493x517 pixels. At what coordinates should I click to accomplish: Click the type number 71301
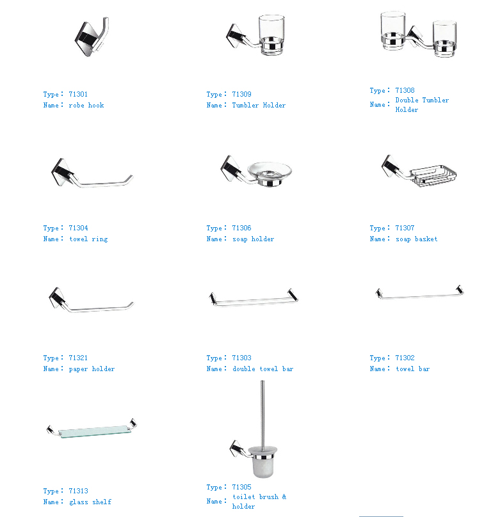click(78, 94)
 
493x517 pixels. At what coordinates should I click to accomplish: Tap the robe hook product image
click(92, 36)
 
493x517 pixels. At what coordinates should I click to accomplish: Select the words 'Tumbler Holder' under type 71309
click(259, 105)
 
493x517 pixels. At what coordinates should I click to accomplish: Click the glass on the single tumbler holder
click(271, 35)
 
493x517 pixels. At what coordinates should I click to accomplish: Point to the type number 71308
click(405, 90)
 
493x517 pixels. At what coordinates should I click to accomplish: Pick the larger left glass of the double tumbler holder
click(392, 30)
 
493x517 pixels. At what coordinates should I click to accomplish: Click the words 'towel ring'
click(88, 239)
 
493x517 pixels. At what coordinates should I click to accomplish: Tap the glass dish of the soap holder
click(270, 170)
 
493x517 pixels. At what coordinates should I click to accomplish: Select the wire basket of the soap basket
click(433, 175)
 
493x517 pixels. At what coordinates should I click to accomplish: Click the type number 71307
click(405, 228)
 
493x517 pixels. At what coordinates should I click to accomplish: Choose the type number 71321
click(78, 358)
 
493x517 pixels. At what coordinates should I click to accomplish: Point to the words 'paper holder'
click(92, 369)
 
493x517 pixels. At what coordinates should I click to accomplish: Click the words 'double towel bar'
click(263, 369)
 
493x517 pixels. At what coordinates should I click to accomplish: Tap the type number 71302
click(405, 358)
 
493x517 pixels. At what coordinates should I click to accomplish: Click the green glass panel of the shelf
click(94, 431)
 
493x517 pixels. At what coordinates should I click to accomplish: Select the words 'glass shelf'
click(90, 502)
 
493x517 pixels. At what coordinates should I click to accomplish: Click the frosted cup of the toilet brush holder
click(263, 461)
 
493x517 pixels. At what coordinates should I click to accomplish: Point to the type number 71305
click(241, 487)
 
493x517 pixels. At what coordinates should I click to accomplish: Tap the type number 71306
click(241, 228)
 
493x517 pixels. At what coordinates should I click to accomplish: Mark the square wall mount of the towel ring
click(63, 172)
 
